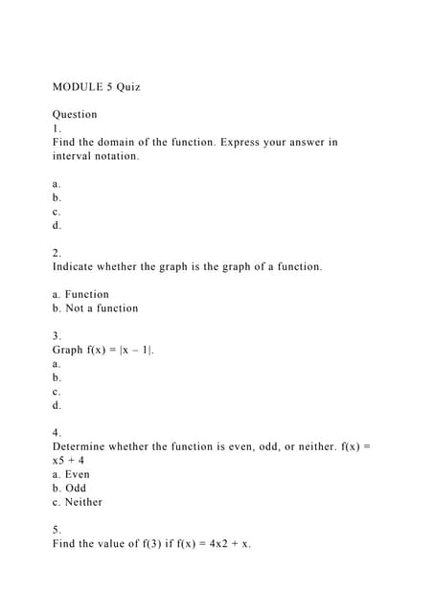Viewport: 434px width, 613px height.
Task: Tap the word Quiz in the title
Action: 128,87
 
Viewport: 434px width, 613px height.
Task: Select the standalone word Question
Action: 75,115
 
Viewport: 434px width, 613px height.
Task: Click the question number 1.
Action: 57,128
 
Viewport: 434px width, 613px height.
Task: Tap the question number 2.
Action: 57,253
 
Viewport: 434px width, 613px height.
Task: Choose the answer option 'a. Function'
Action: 80,294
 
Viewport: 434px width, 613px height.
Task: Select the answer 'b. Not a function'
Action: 95,308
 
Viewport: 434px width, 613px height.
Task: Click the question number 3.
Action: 57,336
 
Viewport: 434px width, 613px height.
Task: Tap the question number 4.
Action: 57,433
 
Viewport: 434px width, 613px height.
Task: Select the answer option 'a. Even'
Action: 71,474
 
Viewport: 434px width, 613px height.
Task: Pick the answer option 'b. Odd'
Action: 69,488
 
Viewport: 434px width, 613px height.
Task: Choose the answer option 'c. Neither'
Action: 77,502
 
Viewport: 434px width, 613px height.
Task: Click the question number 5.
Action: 57,530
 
